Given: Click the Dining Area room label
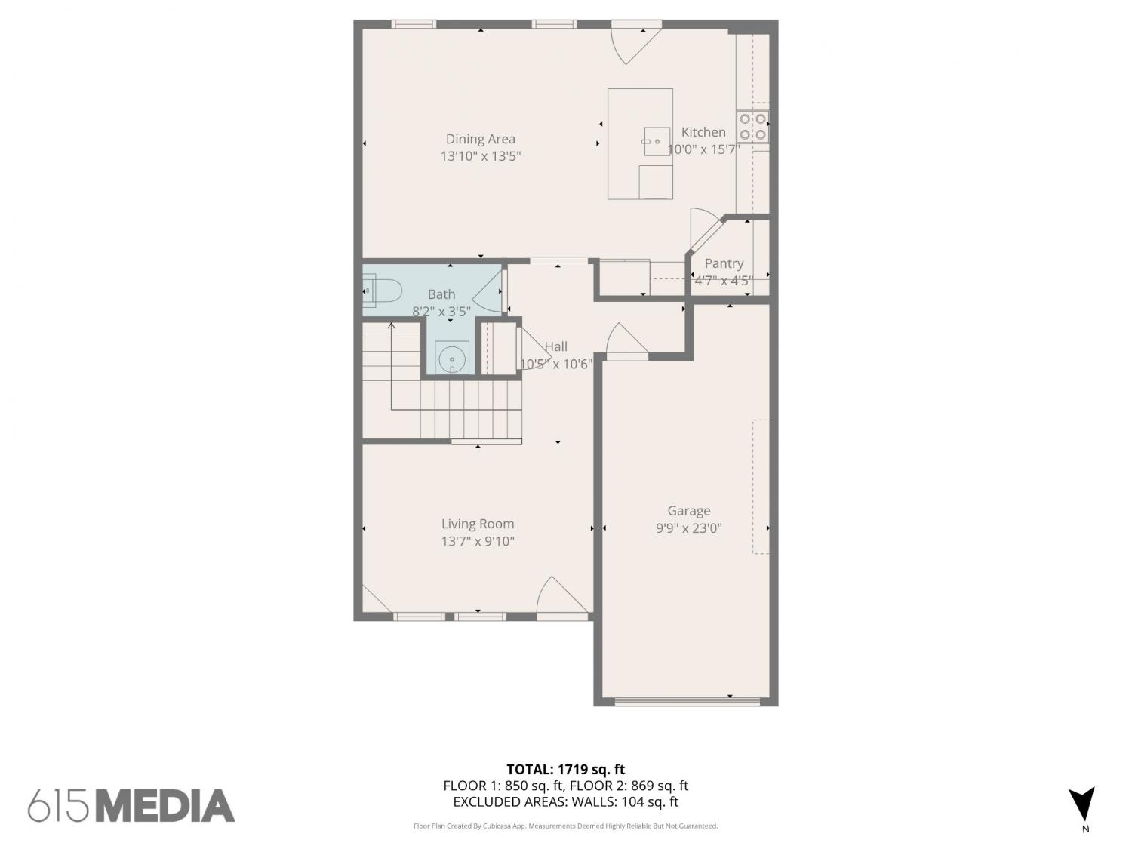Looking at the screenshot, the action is (480, 139).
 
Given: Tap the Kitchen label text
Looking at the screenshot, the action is (703, 132).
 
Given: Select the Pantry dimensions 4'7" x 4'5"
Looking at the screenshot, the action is (724, 281).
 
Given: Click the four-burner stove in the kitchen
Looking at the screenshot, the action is (752, 127).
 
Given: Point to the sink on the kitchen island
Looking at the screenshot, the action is (657, 141).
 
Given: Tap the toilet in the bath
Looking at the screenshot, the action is (382, 291).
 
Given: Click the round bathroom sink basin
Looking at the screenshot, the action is (452, 358).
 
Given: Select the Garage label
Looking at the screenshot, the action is (688, 510).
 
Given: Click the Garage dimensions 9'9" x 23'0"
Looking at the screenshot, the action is (688, 528).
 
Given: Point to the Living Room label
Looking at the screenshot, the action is (478, 524).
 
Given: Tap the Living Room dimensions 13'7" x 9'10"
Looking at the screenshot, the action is (478, 541).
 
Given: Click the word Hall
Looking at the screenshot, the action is (556, 346).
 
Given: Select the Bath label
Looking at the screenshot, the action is (441, 294).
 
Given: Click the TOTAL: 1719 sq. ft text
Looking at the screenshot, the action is (566, 769).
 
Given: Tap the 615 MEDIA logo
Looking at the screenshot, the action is (131, 806).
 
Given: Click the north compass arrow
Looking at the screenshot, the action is (1082, 804).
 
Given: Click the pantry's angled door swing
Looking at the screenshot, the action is (704, 227).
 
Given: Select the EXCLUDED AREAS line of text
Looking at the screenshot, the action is (566, 802).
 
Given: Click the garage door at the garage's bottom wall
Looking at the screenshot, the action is (687, 701).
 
